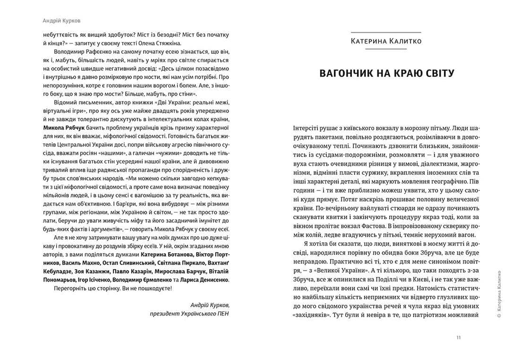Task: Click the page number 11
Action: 459,337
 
